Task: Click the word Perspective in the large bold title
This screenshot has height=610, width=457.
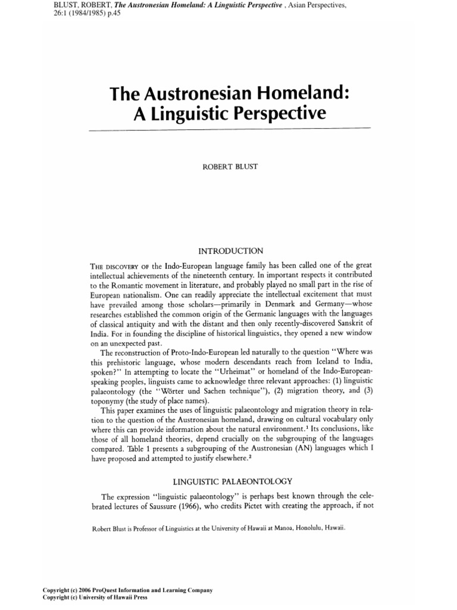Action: (276, 113)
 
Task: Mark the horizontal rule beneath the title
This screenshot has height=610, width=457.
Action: (228, 128)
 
